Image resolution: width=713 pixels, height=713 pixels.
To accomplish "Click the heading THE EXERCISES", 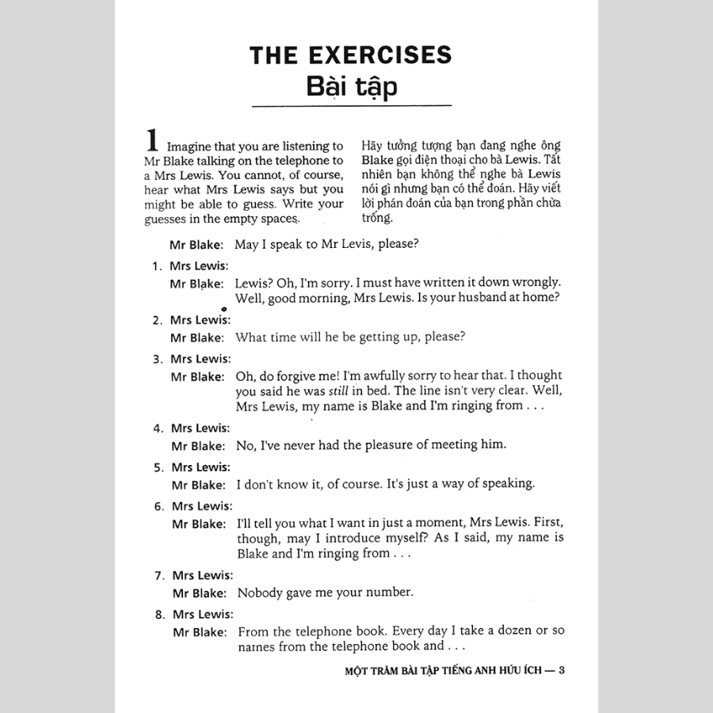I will (x=350, y=54).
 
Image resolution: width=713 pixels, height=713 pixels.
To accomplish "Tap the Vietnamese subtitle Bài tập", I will (x=351, y=86).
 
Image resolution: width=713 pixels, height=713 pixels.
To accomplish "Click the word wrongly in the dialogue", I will (x=533, y=282).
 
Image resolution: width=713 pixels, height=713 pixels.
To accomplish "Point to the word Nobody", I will (x=260, y=592).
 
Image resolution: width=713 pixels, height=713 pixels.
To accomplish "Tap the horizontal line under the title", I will (x=351, y=106).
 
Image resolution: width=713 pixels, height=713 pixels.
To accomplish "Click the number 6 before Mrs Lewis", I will (x=158, y=506).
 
